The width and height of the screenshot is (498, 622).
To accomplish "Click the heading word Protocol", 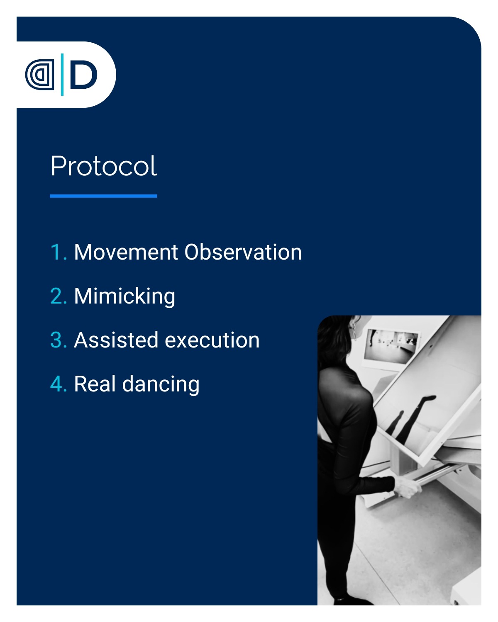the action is coord(104,166).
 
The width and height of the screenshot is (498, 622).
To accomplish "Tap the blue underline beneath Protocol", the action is coord(103,196).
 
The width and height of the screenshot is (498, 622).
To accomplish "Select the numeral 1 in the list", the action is coord(56,252).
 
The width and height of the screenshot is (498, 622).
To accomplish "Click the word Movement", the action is coord(126,252).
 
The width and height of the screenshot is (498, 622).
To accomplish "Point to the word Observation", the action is coord(243,252).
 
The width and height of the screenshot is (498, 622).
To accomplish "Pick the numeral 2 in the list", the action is coord(57,296).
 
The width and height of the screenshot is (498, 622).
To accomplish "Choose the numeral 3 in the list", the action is coord(57,340).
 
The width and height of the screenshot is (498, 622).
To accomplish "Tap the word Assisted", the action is coord(116,340).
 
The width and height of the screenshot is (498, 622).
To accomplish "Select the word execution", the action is coord(212,340).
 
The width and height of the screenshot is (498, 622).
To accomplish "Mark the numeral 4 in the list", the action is coord(57,384).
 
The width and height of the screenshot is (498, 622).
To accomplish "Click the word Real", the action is coord(95,384).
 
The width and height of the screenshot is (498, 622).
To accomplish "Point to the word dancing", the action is coord(161,384).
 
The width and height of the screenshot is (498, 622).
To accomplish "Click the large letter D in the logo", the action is coord(84,74).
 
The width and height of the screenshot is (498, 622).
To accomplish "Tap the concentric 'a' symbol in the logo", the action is coord(40,75).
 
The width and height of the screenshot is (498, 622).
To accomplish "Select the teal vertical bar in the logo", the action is coord(62,74).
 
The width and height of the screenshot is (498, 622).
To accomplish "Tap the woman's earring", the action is coord(354,329).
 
